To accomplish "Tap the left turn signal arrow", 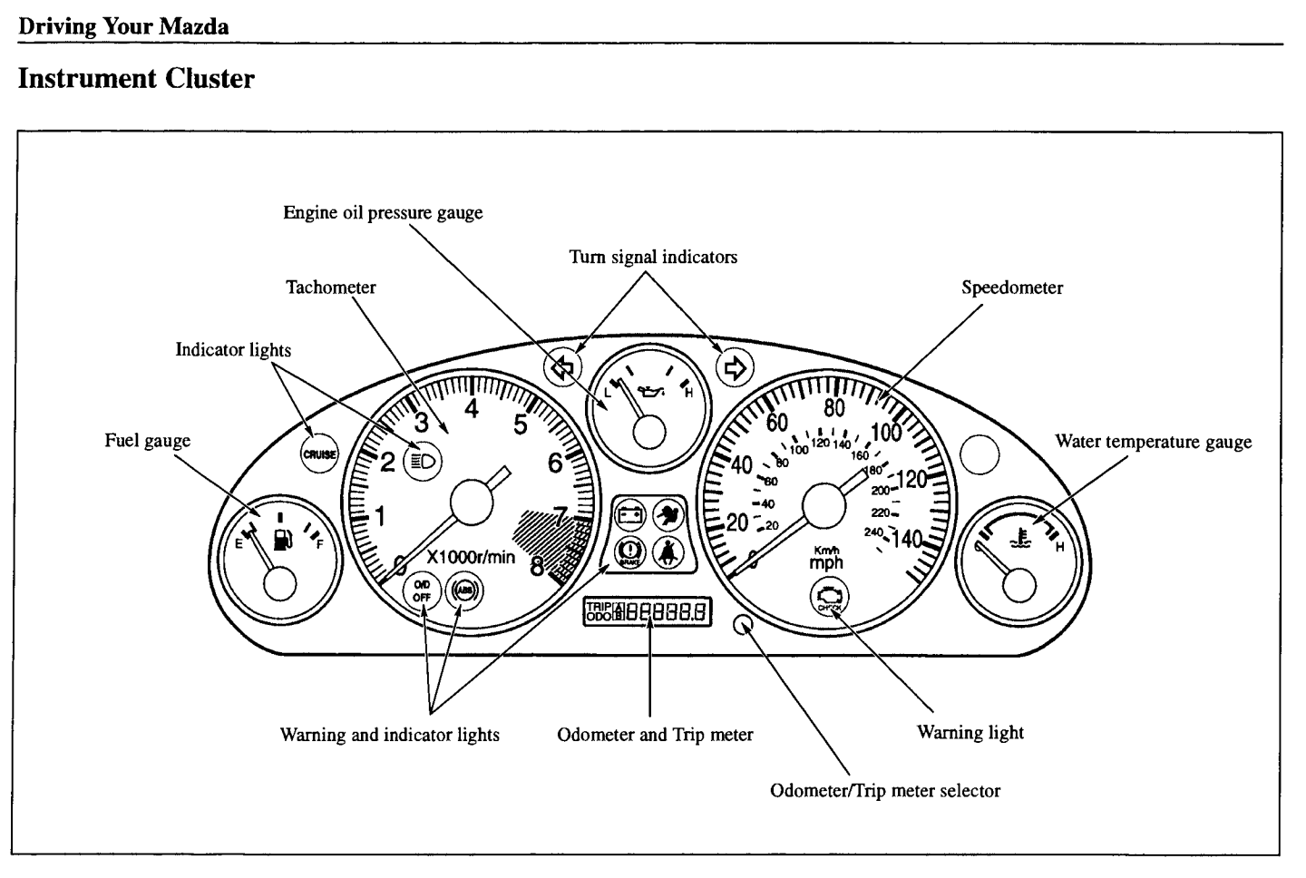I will click(x=562, y=367).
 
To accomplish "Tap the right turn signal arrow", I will click(x=735, y=367).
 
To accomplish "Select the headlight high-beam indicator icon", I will click(x=424, y=461).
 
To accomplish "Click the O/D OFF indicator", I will click(x=422, y=591).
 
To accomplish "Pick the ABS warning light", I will click(x=464, y=591).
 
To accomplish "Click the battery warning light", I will click(x=629, y=515).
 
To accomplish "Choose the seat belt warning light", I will click(x=669, y=551).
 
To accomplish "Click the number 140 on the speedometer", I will click(x=908, y=540).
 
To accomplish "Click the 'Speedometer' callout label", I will click(x=1011, y=288).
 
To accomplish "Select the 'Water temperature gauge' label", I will click(x=1153, y=442).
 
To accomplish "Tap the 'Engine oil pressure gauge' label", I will click(x=383, y=212).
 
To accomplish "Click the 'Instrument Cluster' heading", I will click(x=136, y=79).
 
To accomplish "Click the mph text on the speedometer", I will click(x=826, y=562).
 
